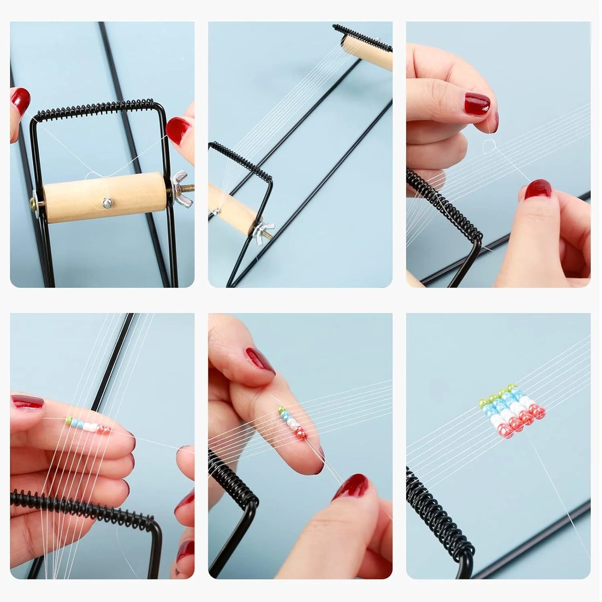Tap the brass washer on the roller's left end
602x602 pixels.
(x=33, y=204)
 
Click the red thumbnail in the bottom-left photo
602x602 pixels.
(x=27, y=402)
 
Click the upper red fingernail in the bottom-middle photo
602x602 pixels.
(x=260, y=360)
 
